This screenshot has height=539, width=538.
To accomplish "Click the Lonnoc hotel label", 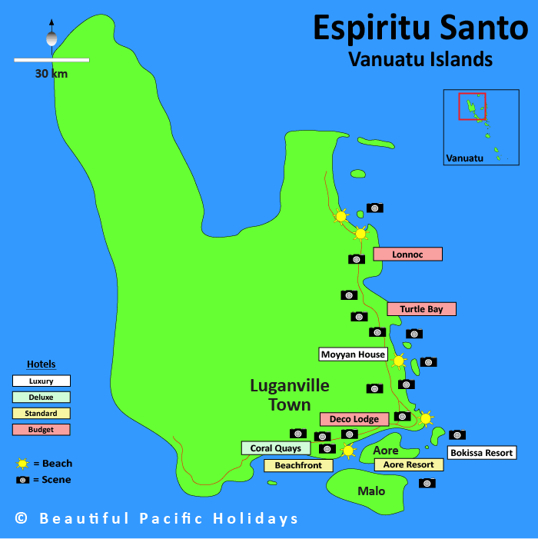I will (407, 255).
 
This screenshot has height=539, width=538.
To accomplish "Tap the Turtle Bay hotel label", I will (421, 309).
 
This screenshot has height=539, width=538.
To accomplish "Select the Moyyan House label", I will (353, 354).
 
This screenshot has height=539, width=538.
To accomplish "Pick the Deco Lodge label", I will (354, 419).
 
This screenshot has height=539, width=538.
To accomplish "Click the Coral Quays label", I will (276, 448).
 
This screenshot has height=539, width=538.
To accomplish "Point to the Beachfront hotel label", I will (298, 465).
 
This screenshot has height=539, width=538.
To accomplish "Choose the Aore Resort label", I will (409, 464).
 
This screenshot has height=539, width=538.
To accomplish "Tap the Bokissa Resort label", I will (481, 453).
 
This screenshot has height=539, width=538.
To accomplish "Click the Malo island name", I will (371, 491).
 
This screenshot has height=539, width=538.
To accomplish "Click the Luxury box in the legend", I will (42, 381).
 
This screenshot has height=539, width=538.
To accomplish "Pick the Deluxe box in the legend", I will (42, 397).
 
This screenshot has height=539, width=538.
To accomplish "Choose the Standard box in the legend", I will (42, 414).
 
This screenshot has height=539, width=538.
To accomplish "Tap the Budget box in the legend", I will (42, 430).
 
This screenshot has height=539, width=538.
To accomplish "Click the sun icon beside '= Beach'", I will (23, 464).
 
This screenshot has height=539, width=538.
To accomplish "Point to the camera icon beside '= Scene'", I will (23, 480).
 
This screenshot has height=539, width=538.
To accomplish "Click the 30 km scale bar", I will (51, 59).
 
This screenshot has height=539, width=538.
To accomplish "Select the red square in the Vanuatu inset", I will (467, 106).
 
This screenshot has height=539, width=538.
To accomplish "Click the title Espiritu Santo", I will (420, 28).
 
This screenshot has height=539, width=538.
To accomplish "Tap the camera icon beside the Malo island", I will (427, 483).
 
